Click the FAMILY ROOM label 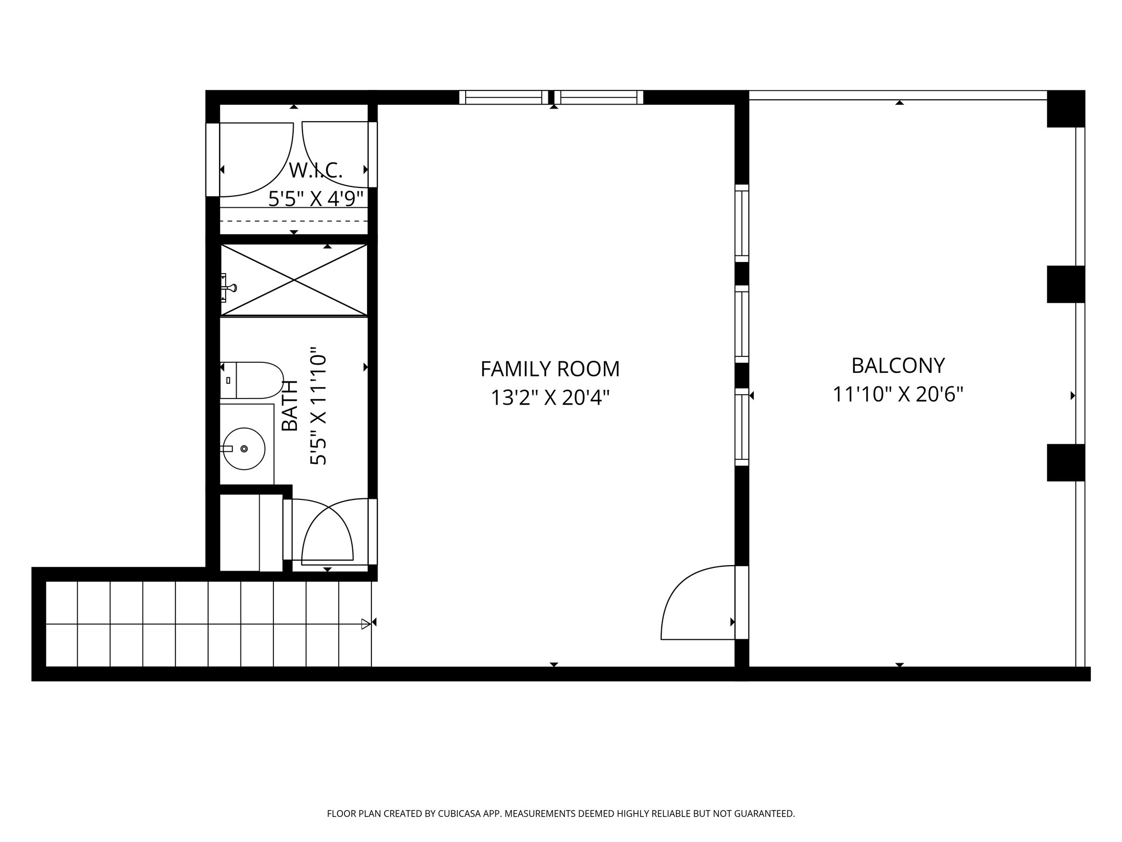point(550,369)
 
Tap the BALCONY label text point(898,365)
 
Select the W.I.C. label point(316,170)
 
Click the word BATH point(290,405)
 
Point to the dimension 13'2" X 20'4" point(550,397)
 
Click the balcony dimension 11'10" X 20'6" point(898,394)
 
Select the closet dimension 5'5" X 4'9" point(316,198)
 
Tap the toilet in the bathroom point(252,380)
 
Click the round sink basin point(244,448)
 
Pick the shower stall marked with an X point(294,280)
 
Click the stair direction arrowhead point(366,624)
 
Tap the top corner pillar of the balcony point(1066,109)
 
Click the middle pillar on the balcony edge point(1066,284)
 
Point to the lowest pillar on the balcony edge point(1066,463)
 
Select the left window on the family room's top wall point(503,98)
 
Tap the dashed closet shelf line point(294,221)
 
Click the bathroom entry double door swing point(327,531)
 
